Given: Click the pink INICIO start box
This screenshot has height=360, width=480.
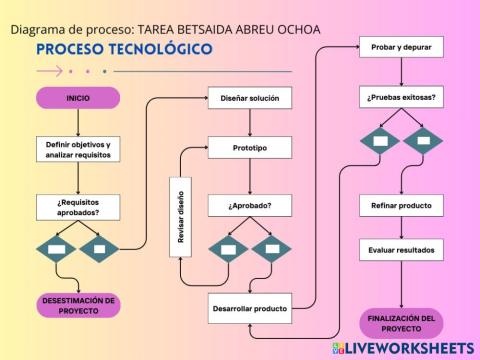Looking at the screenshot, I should [78, 98].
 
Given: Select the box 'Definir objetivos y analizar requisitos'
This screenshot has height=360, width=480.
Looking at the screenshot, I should [78, 150].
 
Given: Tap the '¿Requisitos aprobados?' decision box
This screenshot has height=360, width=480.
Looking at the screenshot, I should [78, 206].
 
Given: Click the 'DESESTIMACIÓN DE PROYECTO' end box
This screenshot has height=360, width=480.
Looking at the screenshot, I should [78, 304].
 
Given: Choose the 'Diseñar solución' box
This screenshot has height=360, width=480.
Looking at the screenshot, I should [250, 98].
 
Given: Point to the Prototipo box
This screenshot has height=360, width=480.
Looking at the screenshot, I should [250, 148].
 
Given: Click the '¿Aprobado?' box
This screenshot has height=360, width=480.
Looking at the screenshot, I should [250, 206].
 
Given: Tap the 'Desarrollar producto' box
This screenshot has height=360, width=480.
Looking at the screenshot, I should [250, 308].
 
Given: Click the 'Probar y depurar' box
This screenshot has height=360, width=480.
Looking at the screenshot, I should [402, 48].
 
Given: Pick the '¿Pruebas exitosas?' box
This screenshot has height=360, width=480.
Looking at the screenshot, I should [402, 97].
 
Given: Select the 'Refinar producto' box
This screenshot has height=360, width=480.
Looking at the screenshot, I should [401, 206].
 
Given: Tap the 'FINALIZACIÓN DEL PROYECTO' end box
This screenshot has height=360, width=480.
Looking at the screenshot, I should [401, 323].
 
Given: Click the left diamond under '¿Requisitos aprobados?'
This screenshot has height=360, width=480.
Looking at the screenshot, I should [57, 247].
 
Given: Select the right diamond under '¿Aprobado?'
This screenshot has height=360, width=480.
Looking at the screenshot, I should [272, 248].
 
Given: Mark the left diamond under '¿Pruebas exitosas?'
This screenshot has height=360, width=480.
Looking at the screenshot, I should [381, 140].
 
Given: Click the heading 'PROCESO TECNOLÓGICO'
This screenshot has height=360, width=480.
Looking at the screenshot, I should [124, 49].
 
